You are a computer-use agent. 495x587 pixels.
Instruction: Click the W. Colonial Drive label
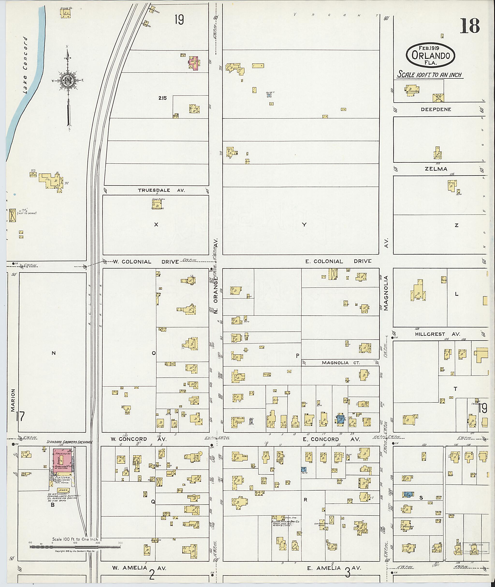coord(146,262)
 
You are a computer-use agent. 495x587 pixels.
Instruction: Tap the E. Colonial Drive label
coord(338,261)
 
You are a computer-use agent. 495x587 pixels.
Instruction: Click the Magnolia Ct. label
coord(341,363)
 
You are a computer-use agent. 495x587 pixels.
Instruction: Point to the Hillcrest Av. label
coord(437,334)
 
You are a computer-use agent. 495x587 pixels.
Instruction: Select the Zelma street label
coord(436,169)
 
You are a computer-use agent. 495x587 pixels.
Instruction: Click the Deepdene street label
coord(436,109)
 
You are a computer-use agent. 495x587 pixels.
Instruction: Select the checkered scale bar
coord(75,547)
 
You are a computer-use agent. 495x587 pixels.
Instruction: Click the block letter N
coord(54,353)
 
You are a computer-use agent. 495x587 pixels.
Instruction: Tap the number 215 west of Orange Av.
coord(162,98)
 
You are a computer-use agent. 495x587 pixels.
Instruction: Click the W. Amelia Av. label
coord(139,568)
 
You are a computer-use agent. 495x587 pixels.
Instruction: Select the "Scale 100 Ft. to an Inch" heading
coord(429,75)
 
